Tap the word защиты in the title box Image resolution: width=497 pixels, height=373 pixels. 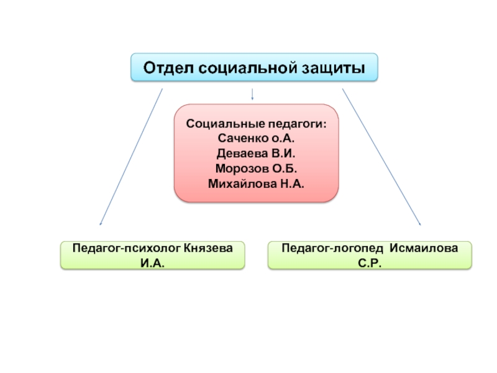[x=332, y=67]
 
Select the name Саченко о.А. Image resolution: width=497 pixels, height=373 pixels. [x=256, y=137]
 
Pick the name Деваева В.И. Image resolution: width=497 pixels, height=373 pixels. [x=256, y=153]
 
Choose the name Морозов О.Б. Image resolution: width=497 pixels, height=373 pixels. [x=256, y=168]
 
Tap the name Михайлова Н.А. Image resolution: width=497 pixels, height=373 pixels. [x=256, y=184]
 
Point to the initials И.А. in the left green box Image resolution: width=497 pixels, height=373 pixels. [x=153, y=263]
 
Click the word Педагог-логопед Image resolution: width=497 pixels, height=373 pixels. [x=332, y=249]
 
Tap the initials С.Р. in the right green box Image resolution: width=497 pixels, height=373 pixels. [x=370, y=263]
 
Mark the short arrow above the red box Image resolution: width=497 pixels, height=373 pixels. [x=252, y=94]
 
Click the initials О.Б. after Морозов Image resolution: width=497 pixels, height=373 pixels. [x=285, y=168]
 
